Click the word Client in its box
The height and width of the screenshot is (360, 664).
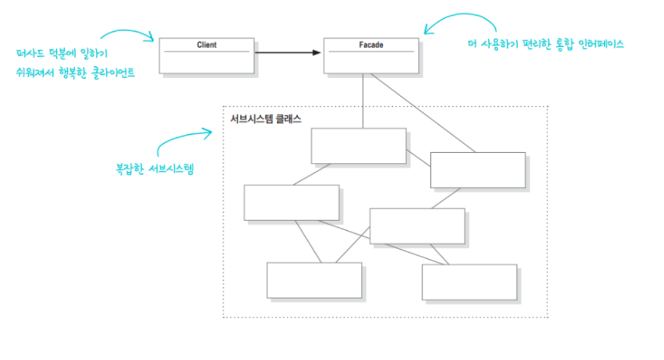[206, 46]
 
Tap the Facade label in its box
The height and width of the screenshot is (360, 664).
[371, 46]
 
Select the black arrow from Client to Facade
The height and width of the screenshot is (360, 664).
[287, 52]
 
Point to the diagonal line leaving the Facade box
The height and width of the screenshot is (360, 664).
[424, 113]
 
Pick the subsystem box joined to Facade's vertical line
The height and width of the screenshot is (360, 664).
[358, 146]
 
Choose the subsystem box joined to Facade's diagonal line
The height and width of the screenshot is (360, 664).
[478, 170]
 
